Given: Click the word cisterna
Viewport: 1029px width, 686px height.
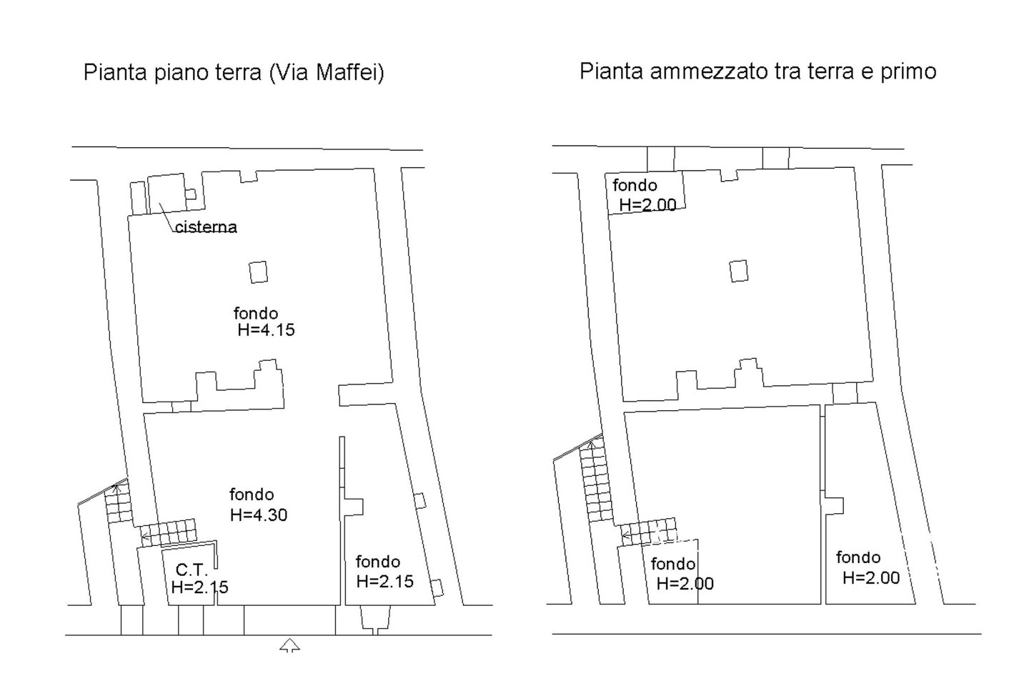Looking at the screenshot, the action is [x=206, y=227].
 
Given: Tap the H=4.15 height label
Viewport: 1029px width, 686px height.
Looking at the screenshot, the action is [x=266, y=330].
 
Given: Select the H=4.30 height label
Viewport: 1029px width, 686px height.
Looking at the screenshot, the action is [x=259, y=514].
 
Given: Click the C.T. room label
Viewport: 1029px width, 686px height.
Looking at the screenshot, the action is [x=192, y=570].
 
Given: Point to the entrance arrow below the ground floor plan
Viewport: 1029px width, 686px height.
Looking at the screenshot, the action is [x=289, y=645].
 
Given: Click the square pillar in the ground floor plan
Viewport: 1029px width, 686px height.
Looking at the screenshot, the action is [x=258, y=272].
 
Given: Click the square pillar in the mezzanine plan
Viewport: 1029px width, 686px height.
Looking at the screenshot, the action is [x=739, y=271].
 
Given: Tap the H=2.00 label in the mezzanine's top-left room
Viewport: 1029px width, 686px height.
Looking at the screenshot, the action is [x=647, y=204].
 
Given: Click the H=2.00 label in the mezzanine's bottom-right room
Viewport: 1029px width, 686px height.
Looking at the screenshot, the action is [x=871, y=577].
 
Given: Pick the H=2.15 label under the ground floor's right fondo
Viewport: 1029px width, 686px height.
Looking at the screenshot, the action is [x=385, y=581].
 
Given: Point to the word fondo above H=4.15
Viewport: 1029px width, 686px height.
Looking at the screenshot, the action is [x=256, y=314].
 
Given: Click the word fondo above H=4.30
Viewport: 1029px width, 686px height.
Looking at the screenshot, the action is [x=252, y=494].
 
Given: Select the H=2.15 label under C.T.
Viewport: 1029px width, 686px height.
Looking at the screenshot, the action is [x=200, y=587].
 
